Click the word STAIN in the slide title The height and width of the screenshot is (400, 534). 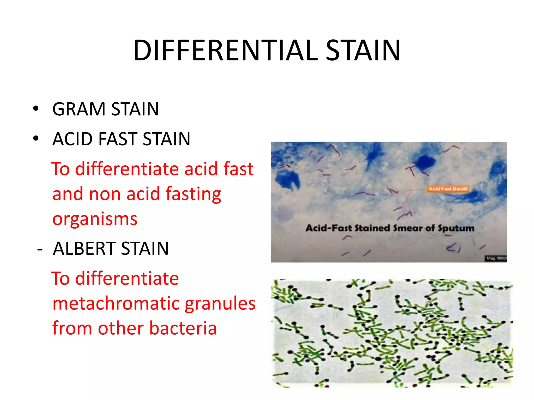363,51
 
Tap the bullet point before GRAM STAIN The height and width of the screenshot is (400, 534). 36,109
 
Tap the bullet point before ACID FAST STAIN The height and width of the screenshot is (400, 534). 36,138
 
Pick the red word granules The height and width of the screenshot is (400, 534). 220,304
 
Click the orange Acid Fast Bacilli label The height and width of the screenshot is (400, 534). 448,189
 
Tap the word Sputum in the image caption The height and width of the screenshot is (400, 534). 456,228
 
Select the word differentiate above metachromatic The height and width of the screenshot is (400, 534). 127,279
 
